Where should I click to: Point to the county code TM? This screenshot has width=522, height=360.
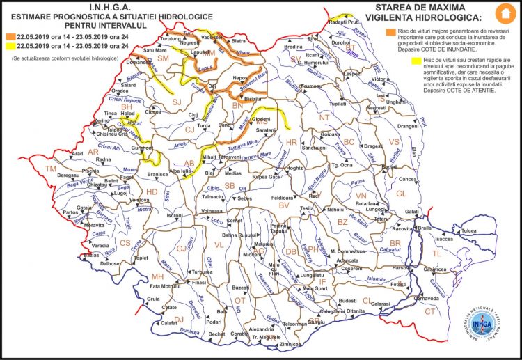click(x=50, y=169)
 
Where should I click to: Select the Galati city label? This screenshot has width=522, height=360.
click(x=412, y=212)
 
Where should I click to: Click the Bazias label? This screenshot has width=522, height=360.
click(x=91, y=255)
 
